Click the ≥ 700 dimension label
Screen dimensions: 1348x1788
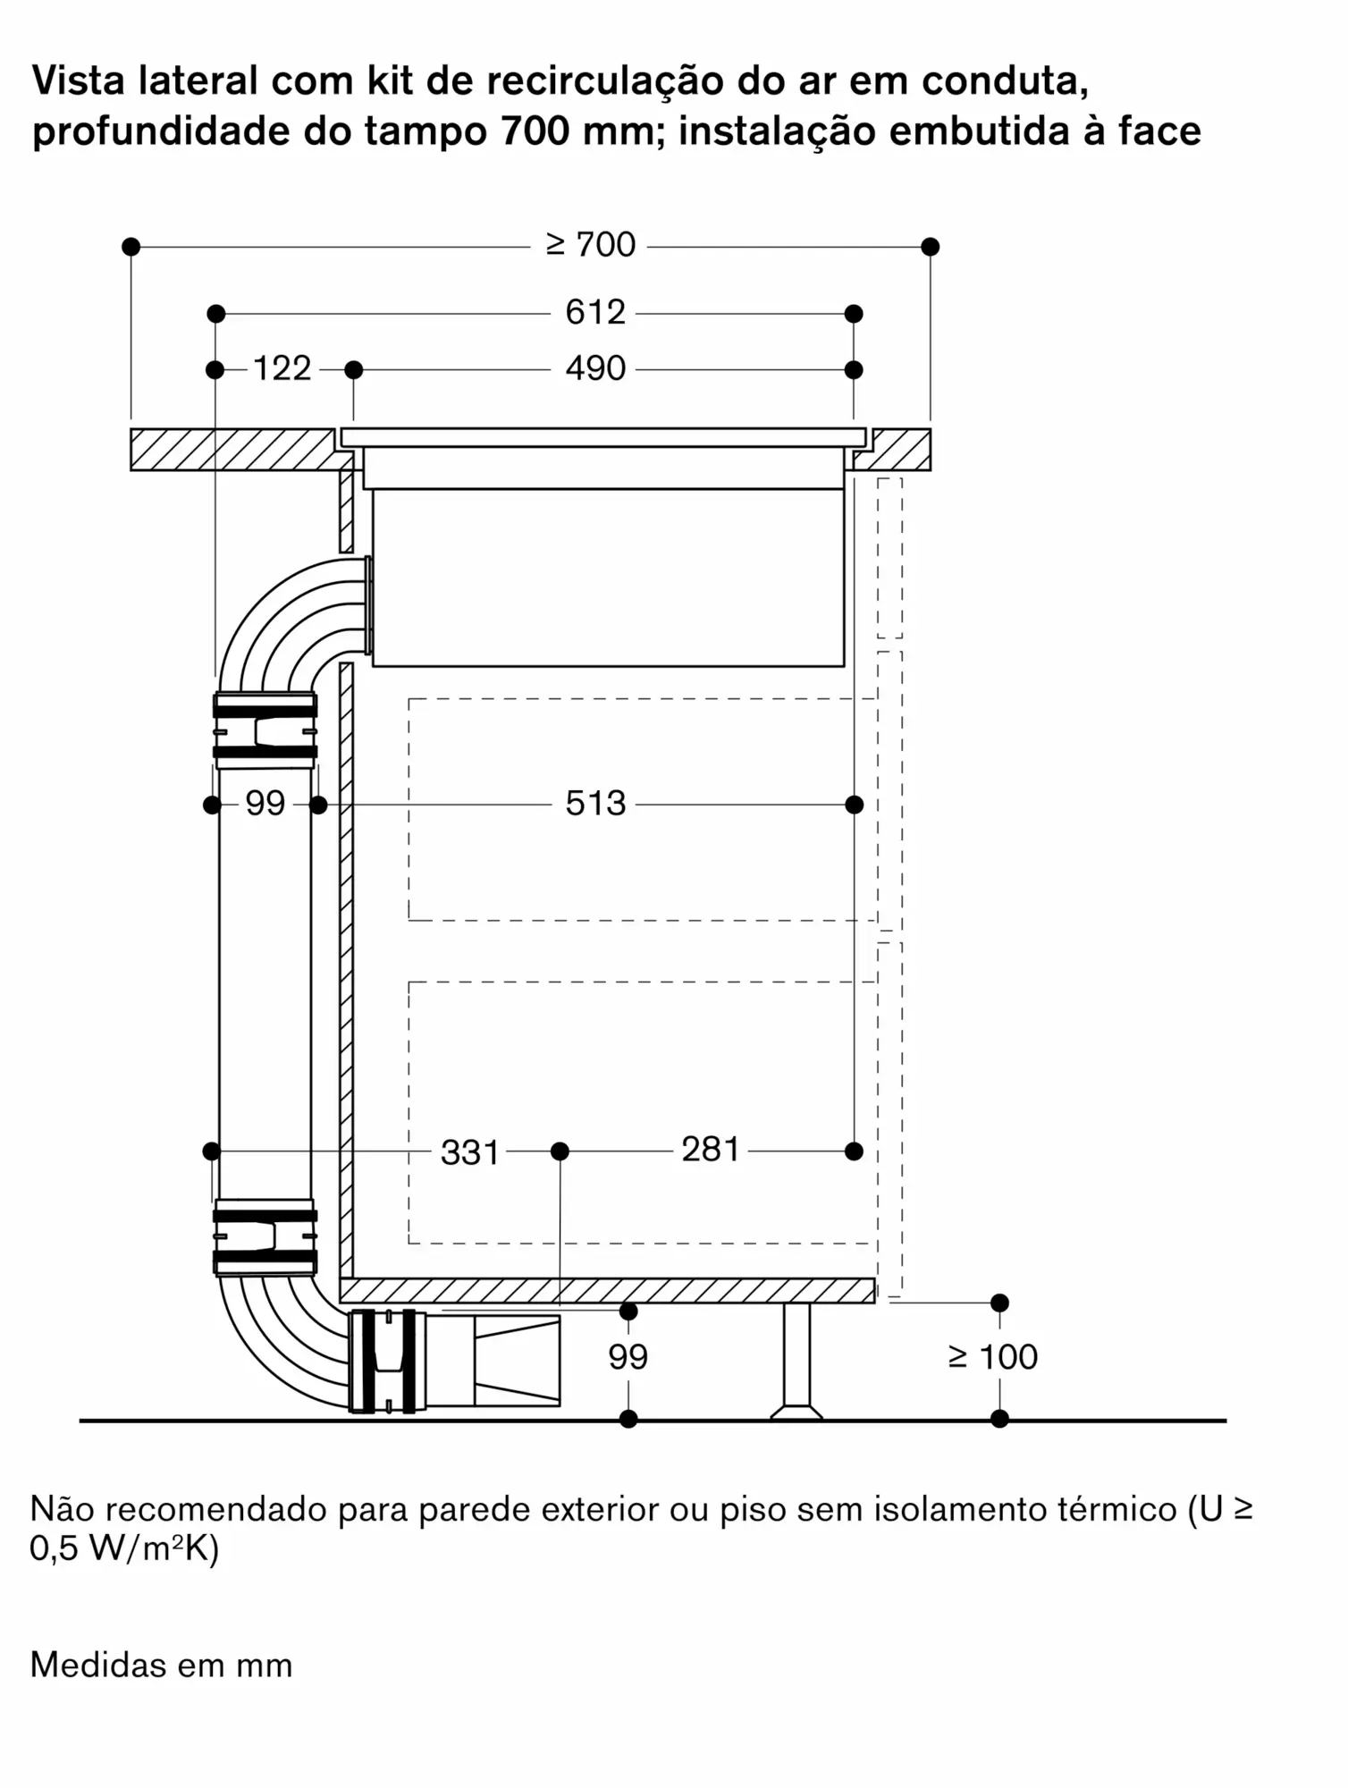[591, 245]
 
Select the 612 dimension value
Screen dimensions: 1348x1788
[594, 312]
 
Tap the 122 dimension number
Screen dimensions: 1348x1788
[282, 368]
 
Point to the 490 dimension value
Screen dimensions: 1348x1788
[594, 368]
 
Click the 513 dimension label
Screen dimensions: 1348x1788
[594, 804]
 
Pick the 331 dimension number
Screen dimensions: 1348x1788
[469, 1152]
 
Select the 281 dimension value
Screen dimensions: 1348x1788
[711, 1150]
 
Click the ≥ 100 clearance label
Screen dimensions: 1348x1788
[993, 1357]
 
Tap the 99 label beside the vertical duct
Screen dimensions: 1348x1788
[265, 804]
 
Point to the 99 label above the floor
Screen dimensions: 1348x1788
[628, 1357]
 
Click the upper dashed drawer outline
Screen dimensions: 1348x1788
[641, 809]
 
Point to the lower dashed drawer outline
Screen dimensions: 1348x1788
[641, 1112]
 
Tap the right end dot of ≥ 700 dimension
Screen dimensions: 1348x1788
[930, 246]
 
